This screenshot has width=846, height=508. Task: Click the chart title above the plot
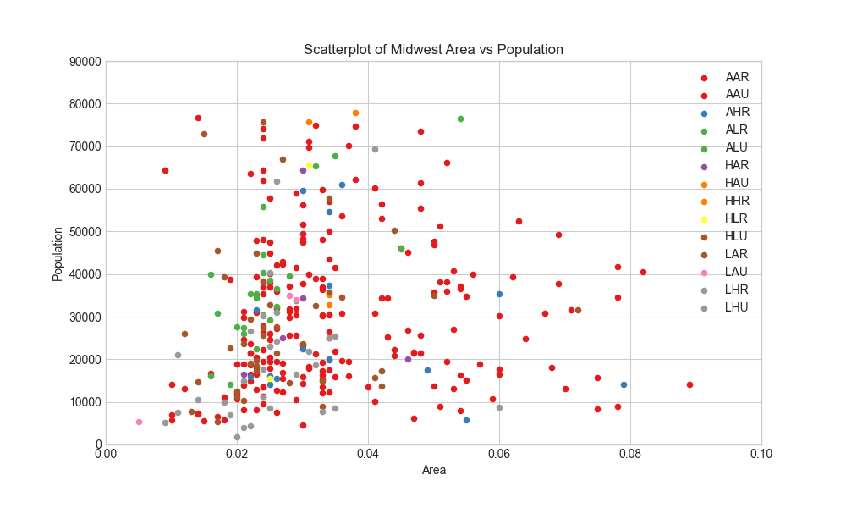pos(433,50)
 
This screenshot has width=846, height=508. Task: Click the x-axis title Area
pos(434,470)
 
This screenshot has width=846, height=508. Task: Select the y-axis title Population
pos(58,254)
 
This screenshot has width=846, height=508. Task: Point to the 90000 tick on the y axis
pos(85,62)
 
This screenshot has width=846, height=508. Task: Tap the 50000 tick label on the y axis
pos(85,232)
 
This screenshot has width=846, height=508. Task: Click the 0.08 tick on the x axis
pos(630,454)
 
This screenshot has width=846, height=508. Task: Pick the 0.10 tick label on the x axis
pos(761,454)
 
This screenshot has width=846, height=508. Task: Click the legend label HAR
pos(737,165)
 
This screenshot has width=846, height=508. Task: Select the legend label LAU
pos(737,272)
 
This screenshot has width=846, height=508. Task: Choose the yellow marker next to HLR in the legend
pos(704,220)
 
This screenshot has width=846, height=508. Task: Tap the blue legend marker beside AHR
pos(704,113)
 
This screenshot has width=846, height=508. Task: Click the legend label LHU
pos(737,307)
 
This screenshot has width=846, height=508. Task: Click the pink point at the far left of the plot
pos(140,422)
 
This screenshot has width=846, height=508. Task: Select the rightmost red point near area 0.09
pos(689,385)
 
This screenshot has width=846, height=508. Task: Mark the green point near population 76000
pos(460,119)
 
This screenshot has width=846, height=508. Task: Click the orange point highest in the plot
pos(355,113)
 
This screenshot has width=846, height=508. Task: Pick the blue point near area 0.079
pos(624,385)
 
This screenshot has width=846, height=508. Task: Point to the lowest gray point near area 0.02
pos(238,437)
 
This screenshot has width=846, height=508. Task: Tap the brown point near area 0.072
pos(578,311)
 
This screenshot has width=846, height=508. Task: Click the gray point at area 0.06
pos(500,407)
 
